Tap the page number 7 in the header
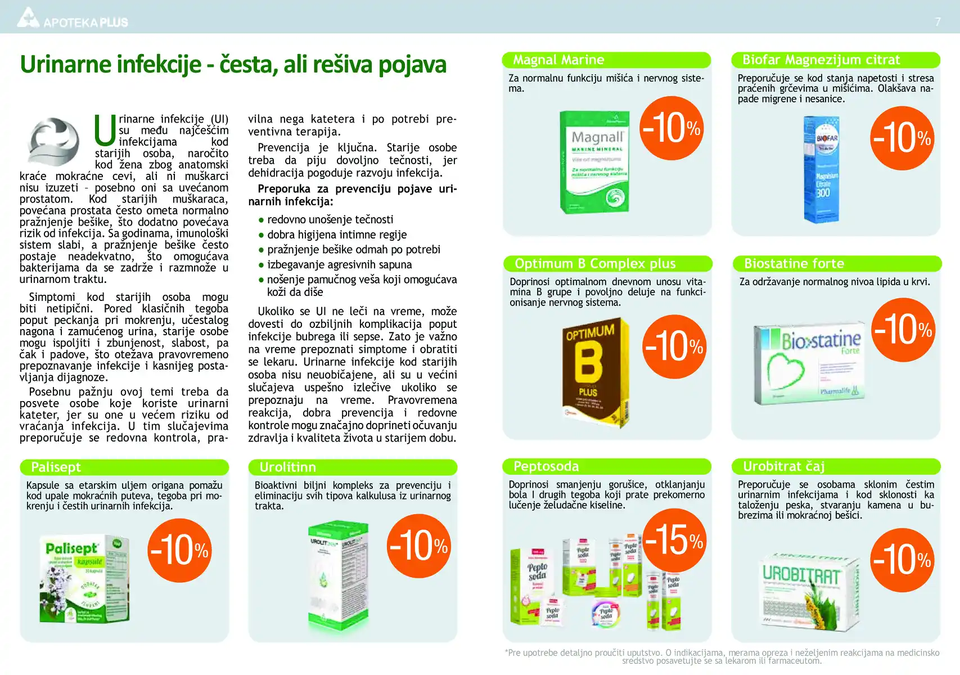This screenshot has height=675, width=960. [x=938, y=22]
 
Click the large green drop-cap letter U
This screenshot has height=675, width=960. [x=105, y=130]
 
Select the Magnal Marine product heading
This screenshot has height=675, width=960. [x=558, y=60]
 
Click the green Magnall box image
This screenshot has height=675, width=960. [x=594, y=161]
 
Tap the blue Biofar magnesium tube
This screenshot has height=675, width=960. [x=822, y=169]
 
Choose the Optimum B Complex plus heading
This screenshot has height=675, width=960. [x=595, y=263]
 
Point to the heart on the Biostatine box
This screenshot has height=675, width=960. [x=786, y=371]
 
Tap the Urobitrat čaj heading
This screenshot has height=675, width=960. [x=783, y=466]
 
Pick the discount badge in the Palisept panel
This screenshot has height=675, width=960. [x=179, y=550]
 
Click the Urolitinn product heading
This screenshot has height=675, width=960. [x=287, y=467]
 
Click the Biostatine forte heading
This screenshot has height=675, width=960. [x=794, y=263]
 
